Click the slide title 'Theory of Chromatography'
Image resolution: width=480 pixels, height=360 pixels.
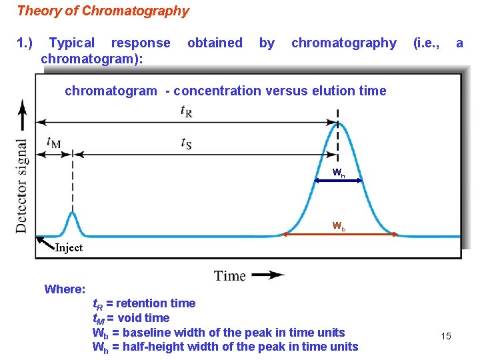click(x=103, y=11)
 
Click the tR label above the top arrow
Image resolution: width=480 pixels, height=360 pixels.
click(x=187, y=111)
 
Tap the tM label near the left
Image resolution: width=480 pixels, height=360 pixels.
click(x=53, y=142)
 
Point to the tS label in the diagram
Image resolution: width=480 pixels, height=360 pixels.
click(x=187, y=143)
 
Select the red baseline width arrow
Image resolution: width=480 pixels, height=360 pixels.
click(x=340, y=234)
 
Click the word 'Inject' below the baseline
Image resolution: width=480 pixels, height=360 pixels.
click(x=69, y=248)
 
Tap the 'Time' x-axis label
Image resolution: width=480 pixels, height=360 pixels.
click(x=230, y=275)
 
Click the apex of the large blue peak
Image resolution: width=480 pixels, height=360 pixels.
click(x=338, y=125)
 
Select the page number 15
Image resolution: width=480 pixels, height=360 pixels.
click(x=446, y=336)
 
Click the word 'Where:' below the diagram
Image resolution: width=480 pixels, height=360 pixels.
click(x=65, y=289)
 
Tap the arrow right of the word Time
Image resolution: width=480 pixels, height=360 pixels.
click(x=268, y=275)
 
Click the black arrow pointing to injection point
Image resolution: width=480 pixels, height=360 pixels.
click(x=45, y=241)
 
